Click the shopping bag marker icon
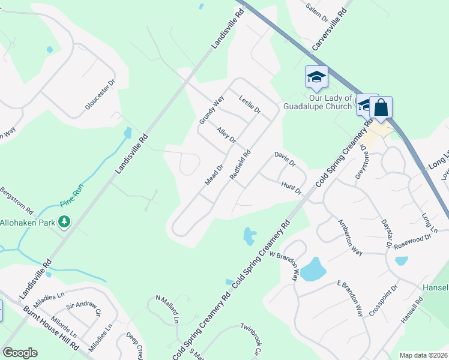[381, 108]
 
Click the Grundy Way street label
[212, 110]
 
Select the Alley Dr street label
[226, 135]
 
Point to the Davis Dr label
[285, 159]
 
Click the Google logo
[20, 353]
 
